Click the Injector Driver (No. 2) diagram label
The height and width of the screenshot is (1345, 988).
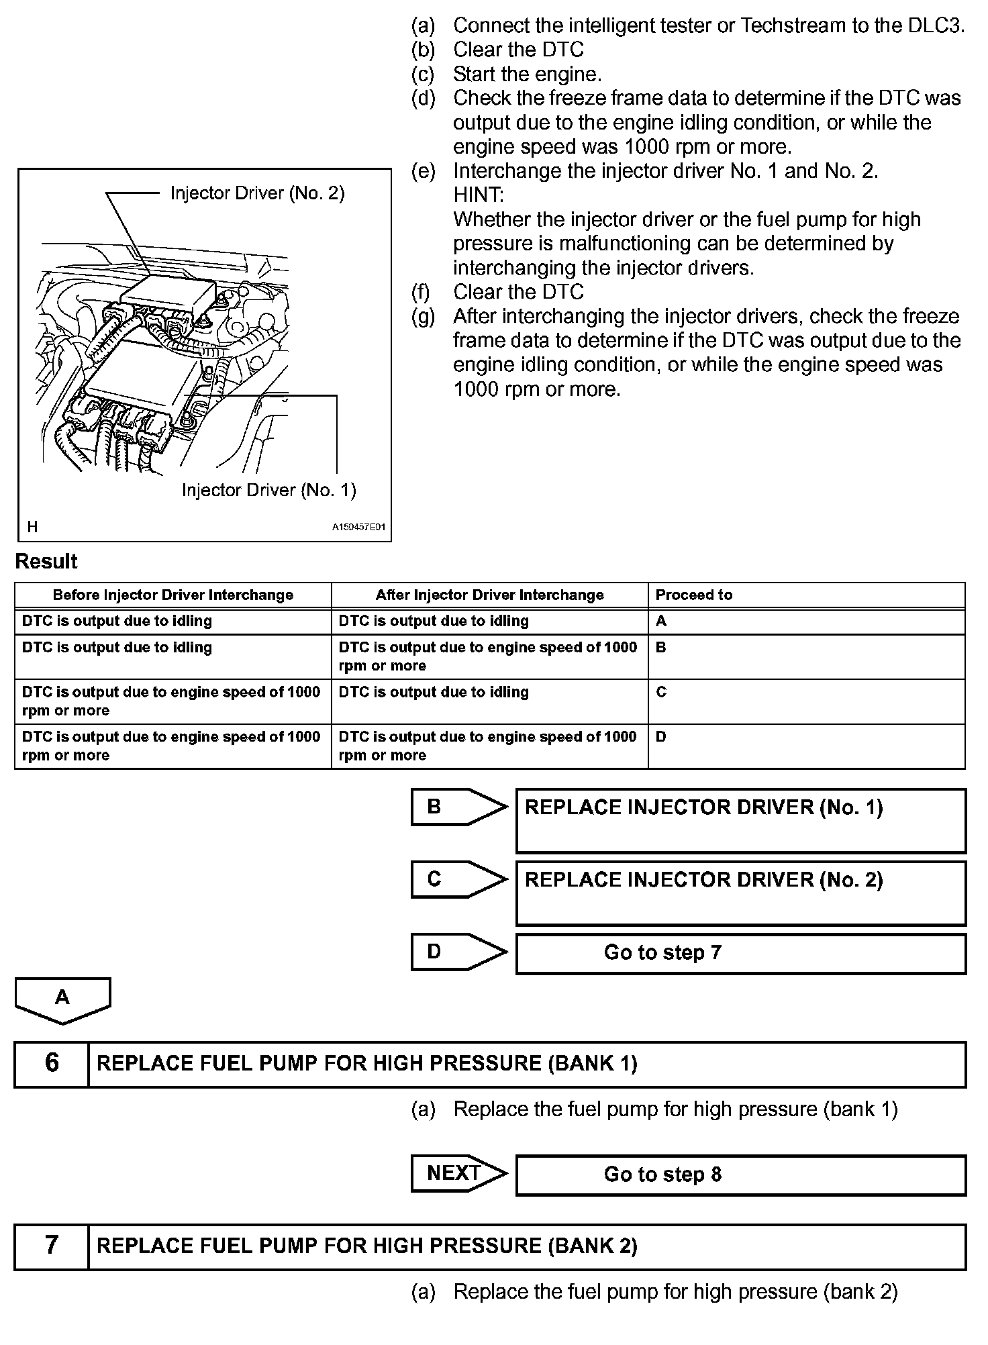(x=257, y=193)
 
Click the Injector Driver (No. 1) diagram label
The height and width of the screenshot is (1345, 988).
(x=268, y=490)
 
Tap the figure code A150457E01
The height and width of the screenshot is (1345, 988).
(x=359, y=528)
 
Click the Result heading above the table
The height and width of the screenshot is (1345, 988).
(x=46, y=561)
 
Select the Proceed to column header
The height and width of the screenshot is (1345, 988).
(x=694, y=595)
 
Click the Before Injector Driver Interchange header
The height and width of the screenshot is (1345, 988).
(x=173, y=595)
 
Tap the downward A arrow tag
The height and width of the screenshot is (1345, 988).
(x=62, y=999)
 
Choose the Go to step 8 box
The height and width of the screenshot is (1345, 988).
(x=740, y=1175)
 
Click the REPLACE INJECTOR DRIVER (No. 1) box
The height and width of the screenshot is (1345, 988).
(x=740, y=820)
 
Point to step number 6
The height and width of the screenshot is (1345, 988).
(x=52, y=1063)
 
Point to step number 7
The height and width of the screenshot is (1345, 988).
(x=52, y=1245)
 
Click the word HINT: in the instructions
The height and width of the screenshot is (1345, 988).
(x=479, y=195)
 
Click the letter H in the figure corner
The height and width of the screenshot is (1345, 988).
(x=32, y=527)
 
